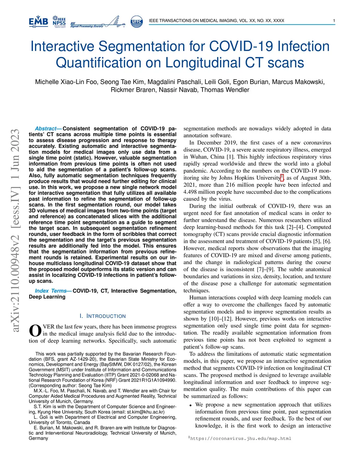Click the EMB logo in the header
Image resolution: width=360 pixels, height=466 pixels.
tap(38, 21)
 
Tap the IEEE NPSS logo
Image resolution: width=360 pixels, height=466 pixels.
tap(59, 21)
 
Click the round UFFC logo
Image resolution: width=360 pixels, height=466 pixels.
tap(136, 21)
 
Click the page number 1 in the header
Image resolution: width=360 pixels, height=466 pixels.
tap(334, 21)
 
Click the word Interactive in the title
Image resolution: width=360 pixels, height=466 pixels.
tap(62, 46)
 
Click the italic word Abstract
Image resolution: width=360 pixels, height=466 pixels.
tap(46, 129)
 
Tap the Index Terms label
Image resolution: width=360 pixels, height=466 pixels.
tap(51, 291)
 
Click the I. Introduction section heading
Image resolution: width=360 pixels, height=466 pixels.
tap(102, 316)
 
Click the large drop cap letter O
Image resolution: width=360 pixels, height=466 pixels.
tap(35, 331)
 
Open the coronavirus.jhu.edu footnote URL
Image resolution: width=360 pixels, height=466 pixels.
tap(240, 439)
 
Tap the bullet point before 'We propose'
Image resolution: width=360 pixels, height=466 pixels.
tap(190, 405)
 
